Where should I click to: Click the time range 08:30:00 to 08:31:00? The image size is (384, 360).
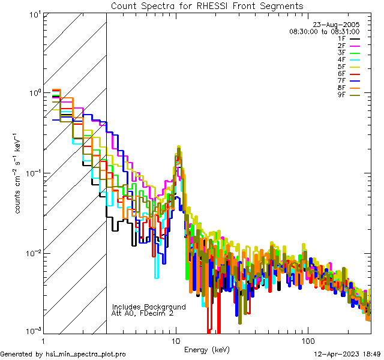coord(324,31)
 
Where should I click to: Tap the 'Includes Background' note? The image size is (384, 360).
coord(149,307)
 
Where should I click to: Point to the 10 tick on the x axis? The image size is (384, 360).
coord(176,340)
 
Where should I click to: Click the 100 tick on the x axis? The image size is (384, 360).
coord(307,340)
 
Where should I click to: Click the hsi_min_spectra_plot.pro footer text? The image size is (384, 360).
coord(63,354)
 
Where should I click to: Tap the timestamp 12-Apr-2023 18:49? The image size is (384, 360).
coord(347,354)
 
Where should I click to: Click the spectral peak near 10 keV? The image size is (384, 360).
coord(179,148)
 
